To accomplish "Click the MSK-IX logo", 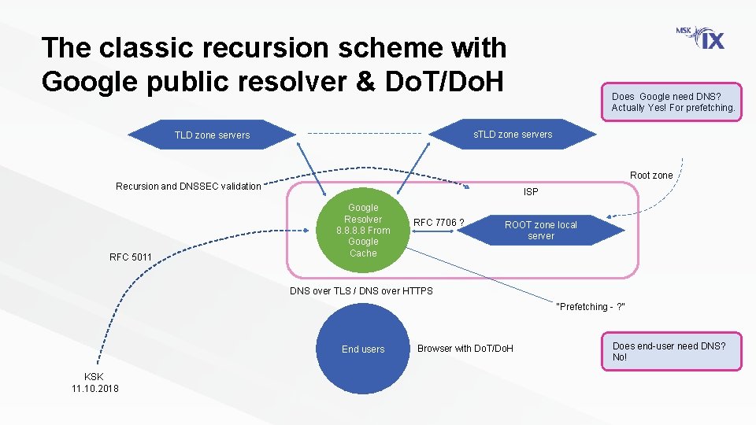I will [x=700, y=38].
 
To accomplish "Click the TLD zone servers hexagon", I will [x=212, y=135].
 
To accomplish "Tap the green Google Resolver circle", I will [x=363, y=230].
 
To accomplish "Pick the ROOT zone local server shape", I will [x=541, y=230].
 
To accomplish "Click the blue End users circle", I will [x=363, y=349].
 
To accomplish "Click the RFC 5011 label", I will [x=130, y=257].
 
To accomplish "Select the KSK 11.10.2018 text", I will [x=95, y=382].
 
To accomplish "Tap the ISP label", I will [x=531, y=191].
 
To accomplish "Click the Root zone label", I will [x=651, y=176].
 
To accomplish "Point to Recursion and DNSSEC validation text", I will [x=188, y=187].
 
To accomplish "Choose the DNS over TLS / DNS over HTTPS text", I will [x=361, y=290].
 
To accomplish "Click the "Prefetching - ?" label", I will [x=591, y=306].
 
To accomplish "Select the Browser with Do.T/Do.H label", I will [x=465, y=348].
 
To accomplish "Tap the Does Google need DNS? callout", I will [x=672, y=102].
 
